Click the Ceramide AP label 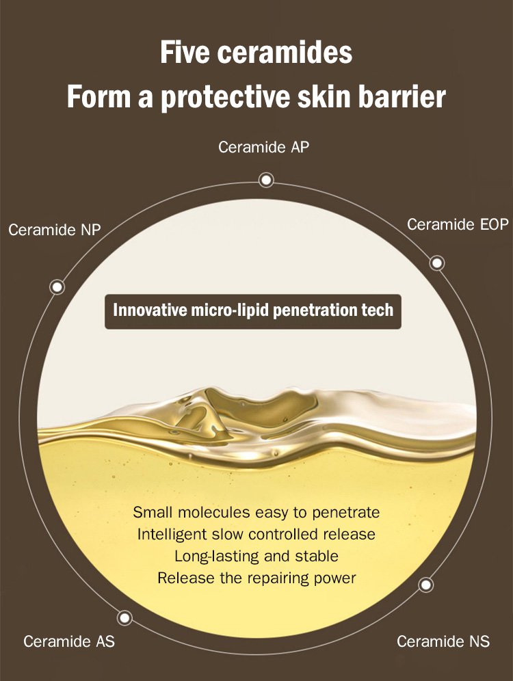click(x=263, y=147)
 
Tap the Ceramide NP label click(x=55, y=229)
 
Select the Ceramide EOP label click(x=458, y=224)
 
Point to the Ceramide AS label click(x=69, y=641)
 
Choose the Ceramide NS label click(x=443, y=641)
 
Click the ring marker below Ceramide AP click(x=266, y=179)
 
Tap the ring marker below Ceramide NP click(x=57, y=286)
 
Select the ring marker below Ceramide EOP click(x=437, y=263)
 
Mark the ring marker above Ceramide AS click(x=124, y=617)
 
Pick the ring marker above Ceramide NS click(x=425, y=585)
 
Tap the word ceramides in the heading click(x=285, y=53)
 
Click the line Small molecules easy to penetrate click(x=256, y=513)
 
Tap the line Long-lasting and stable click(x=256, y=557)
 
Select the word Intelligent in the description click(x=172, y=534)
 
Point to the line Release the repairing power click(x=256, y=578)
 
